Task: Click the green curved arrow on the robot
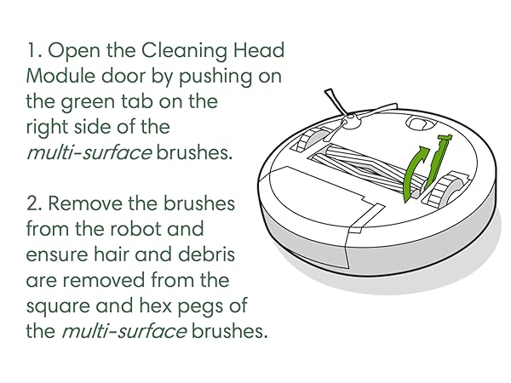(414, 175)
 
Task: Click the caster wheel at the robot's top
(416, 123)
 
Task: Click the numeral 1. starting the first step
(33, 50)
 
